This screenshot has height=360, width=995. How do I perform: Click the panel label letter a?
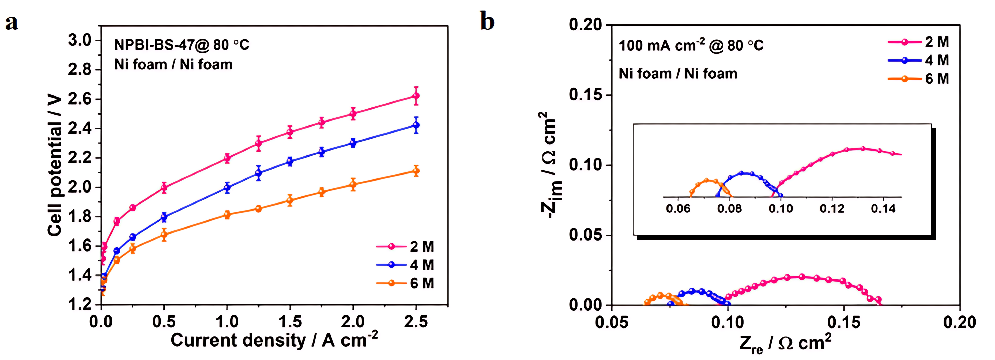click(12, 23)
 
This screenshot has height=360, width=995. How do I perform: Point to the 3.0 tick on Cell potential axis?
click(79, 40)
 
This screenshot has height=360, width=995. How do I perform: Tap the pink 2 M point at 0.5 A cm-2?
click(164, 187)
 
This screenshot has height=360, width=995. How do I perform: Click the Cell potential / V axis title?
click(55, 166)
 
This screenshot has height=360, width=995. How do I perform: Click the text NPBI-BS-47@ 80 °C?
click(182, 46)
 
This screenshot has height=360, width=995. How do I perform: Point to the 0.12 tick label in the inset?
click(832, 209)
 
